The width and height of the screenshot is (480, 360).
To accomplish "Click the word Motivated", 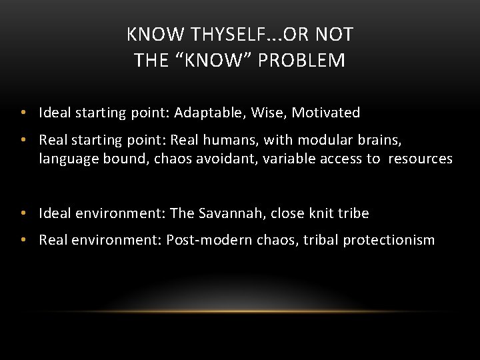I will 326,113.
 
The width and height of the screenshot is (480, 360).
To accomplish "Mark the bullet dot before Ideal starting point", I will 23,113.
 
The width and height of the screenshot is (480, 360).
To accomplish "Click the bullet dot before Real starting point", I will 23,140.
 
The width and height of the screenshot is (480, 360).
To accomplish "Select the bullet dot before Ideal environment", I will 23,213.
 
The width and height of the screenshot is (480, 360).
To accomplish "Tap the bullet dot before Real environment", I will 23,240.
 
